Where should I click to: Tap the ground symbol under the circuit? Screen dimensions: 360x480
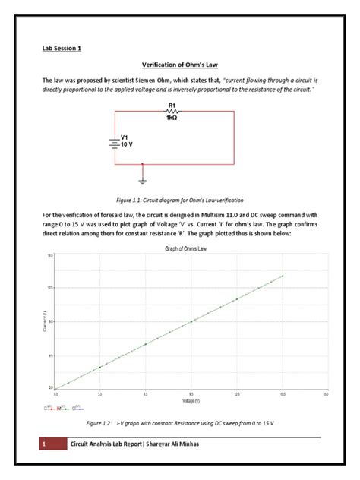point(143,181)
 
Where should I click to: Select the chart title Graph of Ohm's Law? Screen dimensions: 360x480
point(187,249)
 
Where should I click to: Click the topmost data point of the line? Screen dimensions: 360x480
point(283,276)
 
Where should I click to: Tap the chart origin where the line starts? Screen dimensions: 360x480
point(55,388)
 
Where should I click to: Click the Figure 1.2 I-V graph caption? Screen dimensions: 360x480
point(179,422)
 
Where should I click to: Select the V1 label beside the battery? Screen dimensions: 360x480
point(125,137)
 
